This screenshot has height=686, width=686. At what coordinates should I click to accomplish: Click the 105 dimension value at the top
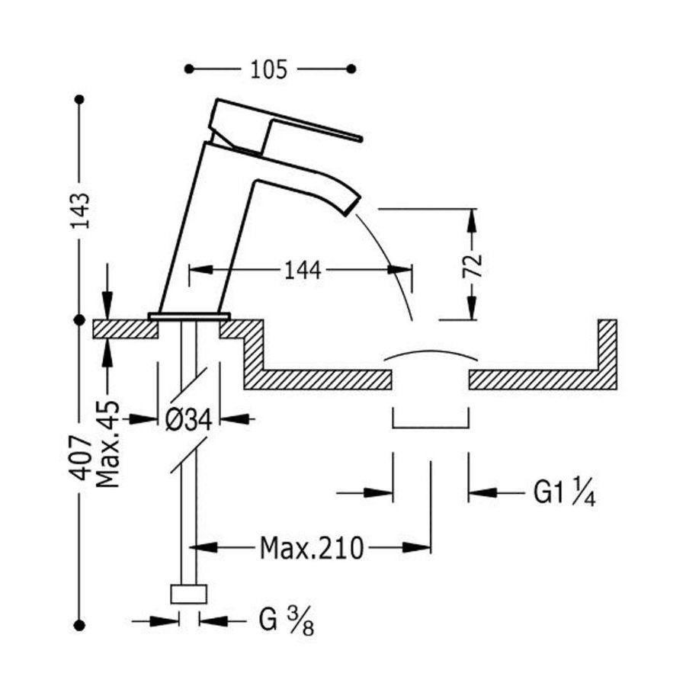(x=269, y=70)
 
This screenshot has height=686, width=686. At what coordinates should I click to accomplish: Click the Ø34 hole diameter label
(x=188, y=418)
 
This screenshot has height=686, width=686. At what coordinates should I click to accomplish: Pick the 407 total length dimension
(x=82, y=457)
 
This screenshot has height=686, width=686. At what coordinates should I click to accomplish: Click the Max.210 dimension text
(x=311, y=547)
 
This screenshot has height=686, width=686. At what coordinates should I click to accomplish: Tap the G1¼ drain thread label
(x=564, y=493)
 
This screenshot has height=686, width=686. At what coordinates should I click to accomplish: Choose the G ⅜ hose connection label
(x=286, y=621)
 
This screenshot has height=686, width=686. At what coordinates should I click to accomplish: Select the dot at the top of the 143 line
(x=79, y=100)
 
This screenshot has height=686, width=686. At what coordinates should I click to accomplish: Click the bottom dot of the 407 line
(x=79, y=625)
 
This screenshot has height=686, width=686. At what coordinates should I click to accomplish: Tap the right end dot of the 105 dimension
(x=351, y=69)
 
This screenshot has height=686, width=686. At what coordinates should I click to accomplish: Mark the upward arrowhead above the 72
(x=473, y=216)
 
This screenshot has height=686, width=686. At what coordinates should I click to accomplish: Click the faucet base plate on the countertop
(x=189, y=315)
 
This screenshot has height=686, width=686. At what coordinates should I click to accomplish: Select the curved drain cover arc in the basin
(x=430, y=354)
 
